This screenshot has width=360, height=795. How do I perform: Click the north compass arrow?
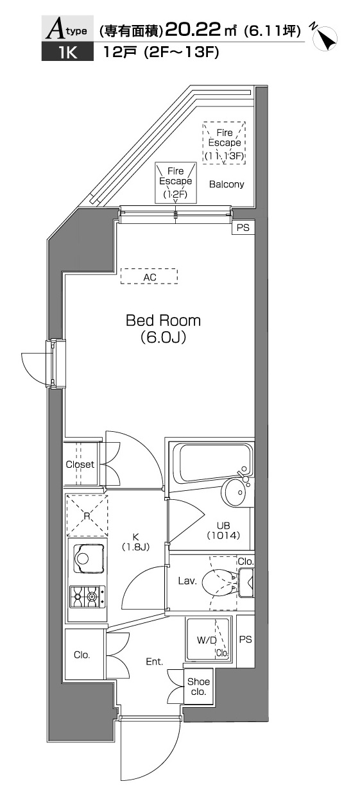tap(325, 37)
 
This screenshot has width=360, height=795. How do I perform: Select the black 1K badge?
tap(67, 52)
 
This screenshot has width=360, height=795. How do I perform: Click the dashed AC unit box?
tap(149, 276)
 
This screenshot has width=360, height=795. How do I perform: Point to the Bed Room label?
tap(163, 320)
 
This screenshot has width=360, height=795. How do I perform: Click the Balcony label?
tap(227, 184)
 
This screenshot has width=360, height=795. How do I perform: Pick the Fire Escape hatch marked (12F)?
tap(176, 183)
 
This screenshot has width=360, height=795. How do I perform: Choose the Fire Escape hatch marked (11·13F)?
tap(224, 143)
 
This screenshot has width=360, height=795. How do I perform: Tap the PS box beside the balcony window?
tap(243, 227)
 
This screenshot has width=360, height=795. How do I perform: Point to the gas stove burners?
tap(88, 597)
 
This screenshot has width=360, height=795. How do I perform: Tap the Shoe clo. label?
tap(198, 687)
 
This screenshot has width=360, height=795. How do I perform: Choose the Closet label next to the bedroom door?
tap(80, 464)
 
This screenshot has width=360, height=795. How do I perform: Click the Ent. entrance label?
tap(155, 662)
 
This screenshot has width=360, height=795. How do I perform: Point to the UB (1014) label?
tap(223, 530)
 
